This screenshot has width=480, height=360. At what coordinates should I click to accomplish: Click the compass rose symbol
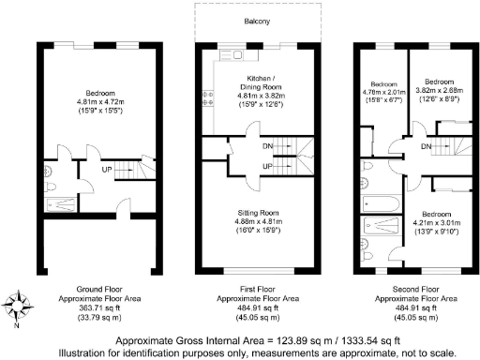click(20, 307)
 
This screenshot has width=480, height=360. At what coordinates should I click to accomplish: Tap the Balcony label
click(259, 19)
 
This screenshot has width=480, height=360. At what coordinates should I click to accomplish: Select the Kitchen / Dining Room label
click(260, 82)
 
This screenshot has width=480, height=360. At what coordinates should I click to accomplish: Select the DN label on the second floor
click(427, 147)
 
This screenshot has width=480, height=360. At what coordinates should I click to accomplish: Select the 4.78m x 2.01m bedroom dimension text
click(382, 92)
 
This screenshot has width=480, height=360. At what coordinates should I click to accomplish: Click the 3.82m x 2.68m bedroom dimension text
click(439, 92)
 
